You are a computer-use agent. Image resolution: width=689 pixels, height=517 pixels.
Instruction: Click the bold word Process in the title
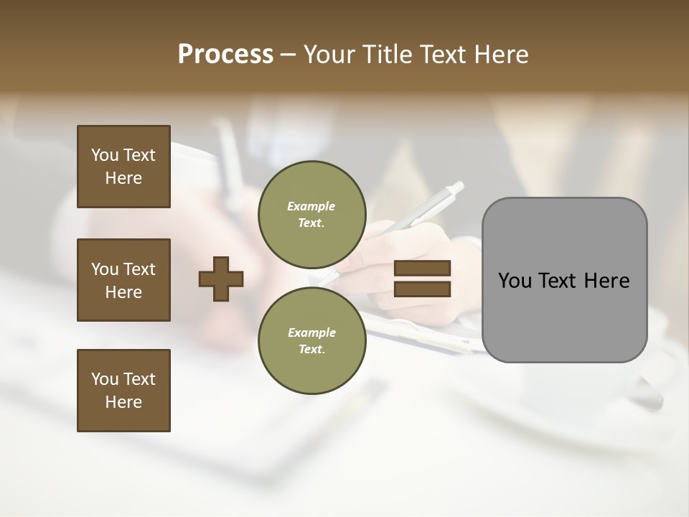225,55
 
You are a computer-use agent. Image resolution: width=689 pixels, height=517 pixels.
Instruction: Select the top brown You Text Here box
123,167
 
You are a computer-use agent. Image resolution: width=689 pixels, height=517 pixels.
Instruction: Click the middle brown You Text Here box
123,280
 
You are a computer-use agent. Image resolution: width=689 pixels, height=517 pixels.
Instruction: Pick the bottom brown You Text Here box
123,391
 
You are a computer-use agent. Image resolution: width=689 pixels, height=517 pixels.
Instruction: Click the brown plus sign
221,278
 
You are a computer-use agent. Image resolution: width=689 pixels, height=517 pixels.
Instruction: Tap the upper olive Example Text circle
311,214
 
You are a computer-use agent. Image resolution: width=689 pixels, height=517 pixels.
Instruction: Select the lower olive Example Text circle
311,340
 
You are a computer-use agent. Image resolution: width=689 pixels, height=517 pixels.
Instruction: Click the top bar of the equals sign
422,269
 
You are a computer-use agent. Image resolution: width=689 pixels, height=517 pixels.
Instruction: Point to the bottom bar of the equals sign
422,289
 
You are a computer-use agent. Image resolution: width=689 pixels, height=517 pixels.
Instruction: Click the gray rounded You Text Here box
564,280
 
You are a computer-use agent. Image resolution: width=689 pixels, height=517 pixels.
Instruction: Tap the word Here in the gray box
606,281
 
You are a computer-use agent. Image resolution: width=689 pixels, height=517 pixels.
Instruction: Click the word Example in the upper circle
311,206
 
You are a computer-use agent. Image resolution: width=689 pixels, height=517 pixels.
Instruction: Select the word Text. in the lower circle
311,349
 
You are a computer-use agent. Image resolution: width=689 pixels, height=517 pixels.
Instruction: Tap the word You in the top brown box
105,155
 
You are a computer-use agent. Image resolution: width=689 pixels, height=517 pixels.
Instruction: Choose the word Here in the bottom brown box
123,402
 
